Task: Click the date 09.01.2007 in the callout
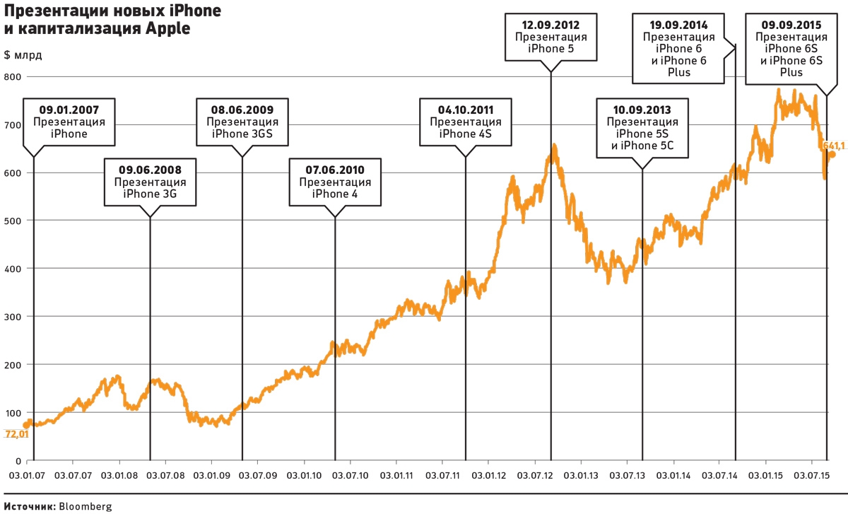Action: [x=69, y=110]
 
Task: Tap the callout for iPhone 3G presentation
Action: [x=149, y=182]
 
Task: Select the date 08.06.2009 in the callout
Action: [x=242, y=110]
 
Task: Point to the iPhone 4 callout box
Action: [x=335, y=182]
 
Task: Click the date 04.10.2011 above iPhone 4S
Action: [x=465, y=110]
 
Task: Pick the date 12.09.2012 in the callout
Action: [x=550, y=24]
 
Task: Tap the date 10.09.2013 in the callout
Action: [x=642, y=110]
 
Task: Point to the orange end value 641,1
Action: [x=835, y=146]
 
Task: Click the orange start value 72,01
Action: [x=17, y=434]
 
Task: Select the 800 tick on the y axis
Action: [x=12, y=76]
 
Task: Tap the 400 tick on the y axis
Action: [x=12, y=269]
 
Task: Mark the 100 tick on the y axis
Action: [x=12, y=412]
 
